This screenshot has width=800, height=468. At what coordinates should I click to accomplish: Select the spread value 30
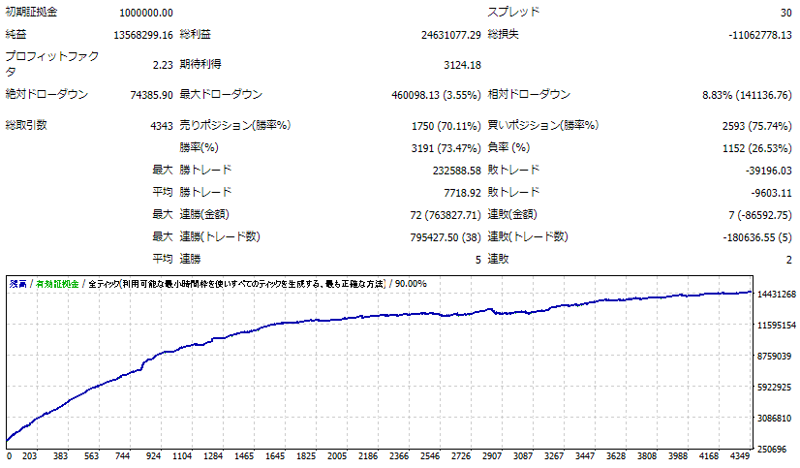[785, 13]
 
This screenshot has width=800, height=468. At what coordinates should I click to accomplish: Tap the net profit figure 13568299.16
[142, 35]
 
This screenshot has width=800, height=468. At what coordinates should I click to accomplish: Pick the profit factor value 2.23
[162, 65]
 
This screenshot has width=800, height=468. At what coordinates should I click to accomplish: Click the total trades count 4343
[162, 125]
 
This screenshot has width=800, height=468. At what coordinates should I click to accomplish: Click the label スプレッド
[513, 13]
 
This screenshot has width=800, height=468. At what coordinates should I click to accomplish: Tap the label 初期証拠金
[31, 13]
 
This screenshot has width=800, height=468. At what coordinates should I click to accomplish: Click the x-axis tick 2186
[367, 455]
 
